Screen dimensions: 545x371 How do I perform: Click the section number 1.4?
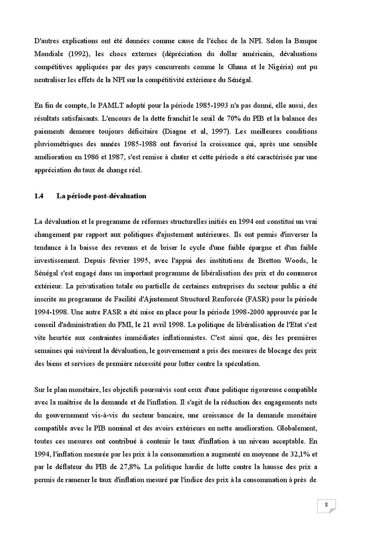[x=39, y=196]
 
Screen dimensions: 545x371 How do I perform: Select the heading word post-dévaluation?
[x=121, y=196]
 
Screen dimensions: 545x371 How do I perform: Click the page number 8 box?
[x=327, y=505]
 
